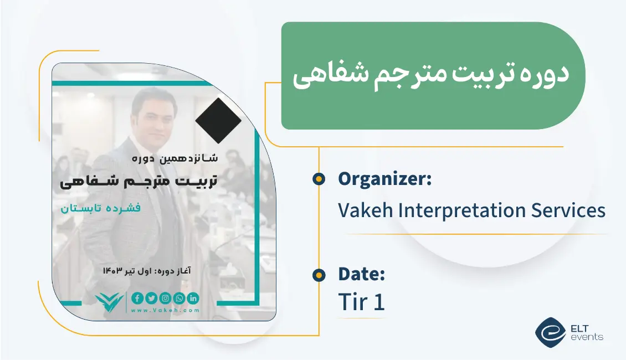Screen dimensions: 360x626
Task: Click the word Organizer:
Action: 384,179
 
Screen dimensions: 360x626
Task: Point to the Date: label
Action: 361,274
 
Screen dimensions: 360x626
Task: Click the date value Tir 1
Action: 361,302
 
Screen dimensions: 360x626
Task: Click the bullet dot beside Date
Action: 319,275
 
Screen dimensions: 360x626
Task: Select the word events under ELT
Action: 586,337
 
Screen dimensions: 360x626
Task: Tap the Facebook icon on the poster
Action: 137,299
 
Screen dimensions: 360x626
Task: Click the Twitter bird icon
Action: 151,299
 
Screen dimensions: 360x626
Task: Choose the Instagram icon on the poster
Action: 165,299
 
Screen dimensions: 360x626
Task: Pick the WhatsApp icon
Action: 179,299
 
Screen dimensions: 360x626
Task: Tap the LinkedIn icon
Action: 193,299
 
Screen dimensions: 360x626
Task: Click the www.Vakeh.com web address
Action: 165,311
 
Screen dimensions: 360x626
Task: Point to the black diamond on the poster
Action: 218,121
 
